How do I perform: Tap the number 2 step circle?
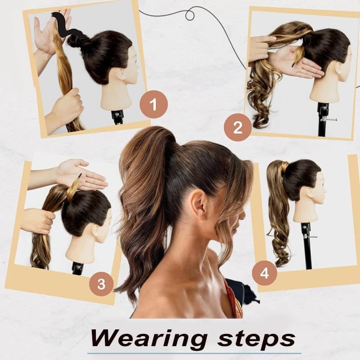coord(237,128)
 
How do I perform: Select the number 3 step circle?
coord(102,284)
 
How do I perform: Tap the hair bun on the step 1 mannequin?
coord(78,41)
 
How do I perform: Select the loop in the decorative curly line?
coord(189,15)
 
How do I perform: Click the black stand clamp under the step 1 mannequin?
coord(117,117)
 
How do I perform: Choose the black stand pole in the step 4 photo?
coord(307,247)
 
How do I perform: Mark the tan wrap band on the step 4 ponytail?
coord(284,168)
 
